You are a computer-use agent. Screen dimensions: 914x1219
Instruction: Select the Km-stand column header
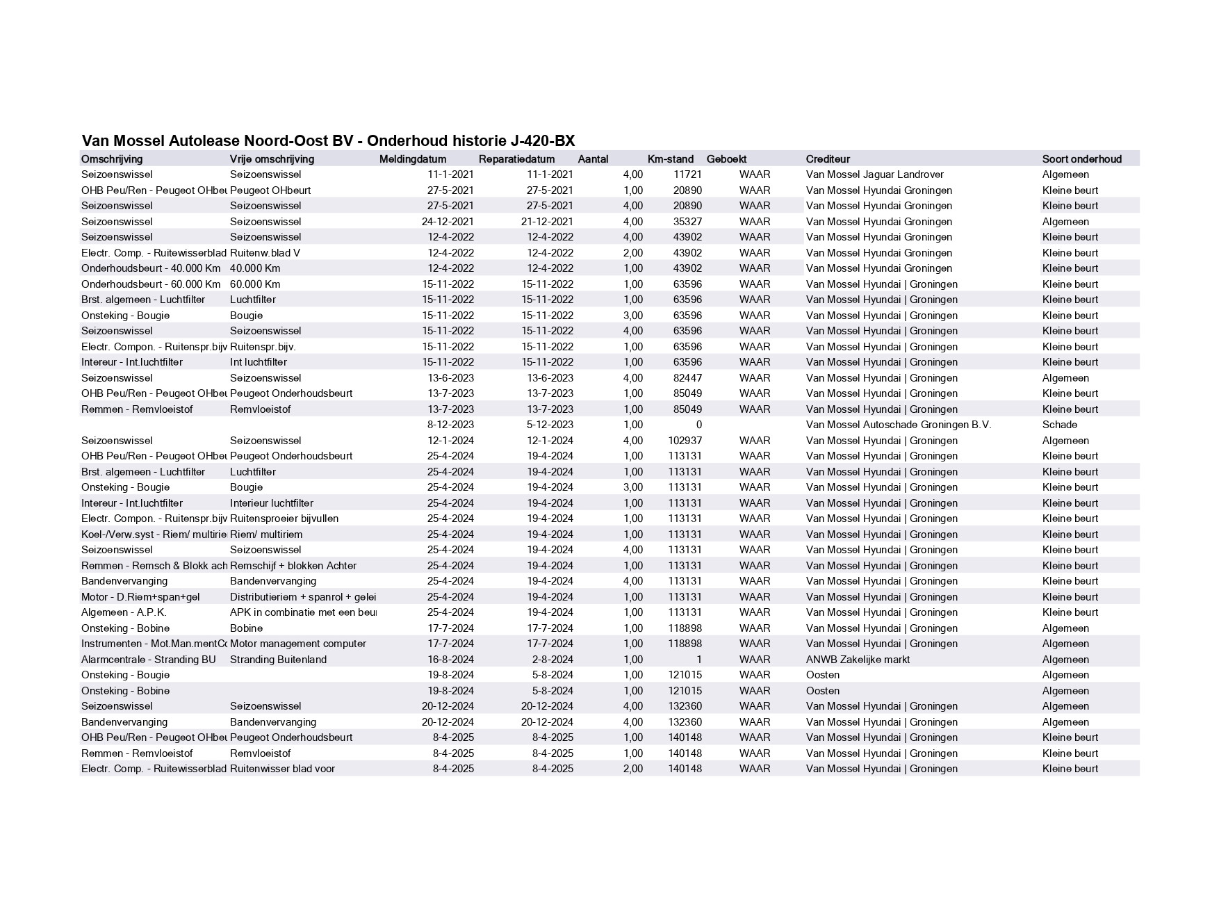pyautogui.click(x=670, y=159)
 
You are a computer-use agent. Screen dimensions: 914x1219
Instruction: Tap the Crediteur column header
pyautogui.click(x=828, y=159)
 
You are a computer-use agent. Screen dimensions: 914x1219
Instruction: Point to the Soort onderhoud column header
pyautogui.click(x=1081, y=159)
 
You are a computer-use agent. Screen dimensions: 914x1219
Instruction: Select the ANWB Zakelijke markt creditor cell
pyautogui.click(x=858, y=660)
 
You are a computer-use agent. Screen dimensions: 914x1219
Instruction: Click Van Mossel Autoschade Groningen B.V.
pyautogui.click(x=898, y=425)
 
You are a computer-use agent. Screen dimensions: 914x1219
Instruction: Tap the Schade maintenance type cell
pyautogui.click(x=1059, y=425)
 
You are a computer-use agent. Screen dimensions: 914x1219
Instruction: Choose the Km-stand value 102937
pyautogui.click(x=685, y=441)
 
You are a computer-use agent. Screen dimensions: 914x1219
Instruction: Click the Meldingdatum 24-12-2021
pyautogui.click(x=448, y=222)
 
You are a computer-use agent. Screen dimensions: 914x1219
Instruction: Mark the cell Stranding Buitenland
pyautogui.click(x=278, y=660)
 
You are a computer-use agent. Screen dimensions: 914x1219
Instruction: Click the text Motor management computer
pyautogui.click(x=297, y=644)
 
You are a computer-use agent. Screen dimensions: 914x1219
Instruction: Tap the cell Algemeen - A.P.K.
pyautogui.click(x=124, y=612)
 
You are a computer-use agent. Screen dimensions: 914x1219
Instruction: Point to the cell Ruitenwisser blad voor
pyautogui.click(x=282, y=769)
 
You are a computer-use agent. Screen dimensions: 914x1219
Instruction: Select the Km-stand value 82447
pyautogui.click(x=687, y=378)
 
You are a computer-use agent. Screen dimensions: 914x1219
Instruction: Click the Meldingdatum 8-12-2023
pyautogui.click(x=450, y=425)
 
